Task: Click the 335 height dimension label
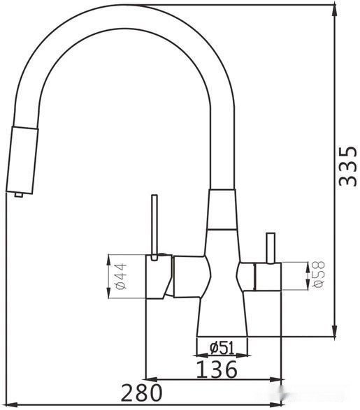347,166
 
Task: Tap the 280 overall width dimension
141,393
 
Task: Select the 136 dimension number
217,369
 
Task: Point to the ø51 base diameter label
222,348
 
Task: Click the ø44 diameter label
121,276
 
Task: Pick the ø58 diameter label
319,274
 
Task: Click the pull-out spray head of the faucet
22,160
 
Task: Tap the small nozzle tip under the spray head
19,195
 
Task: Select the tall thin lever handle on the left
154,227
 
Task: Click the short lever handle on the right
271,247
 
